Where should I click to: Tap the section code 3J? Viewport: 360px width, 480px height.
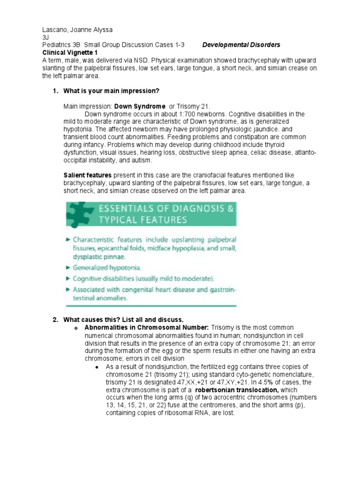[45, 37]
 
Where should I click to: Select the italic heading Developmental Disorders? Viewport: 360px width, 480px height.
[241, 45]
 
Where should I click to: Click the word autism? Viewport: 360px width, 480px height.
[142, 160]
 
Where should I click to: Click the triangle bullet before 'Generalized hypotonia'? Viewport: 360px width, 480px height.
[68, 268]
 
